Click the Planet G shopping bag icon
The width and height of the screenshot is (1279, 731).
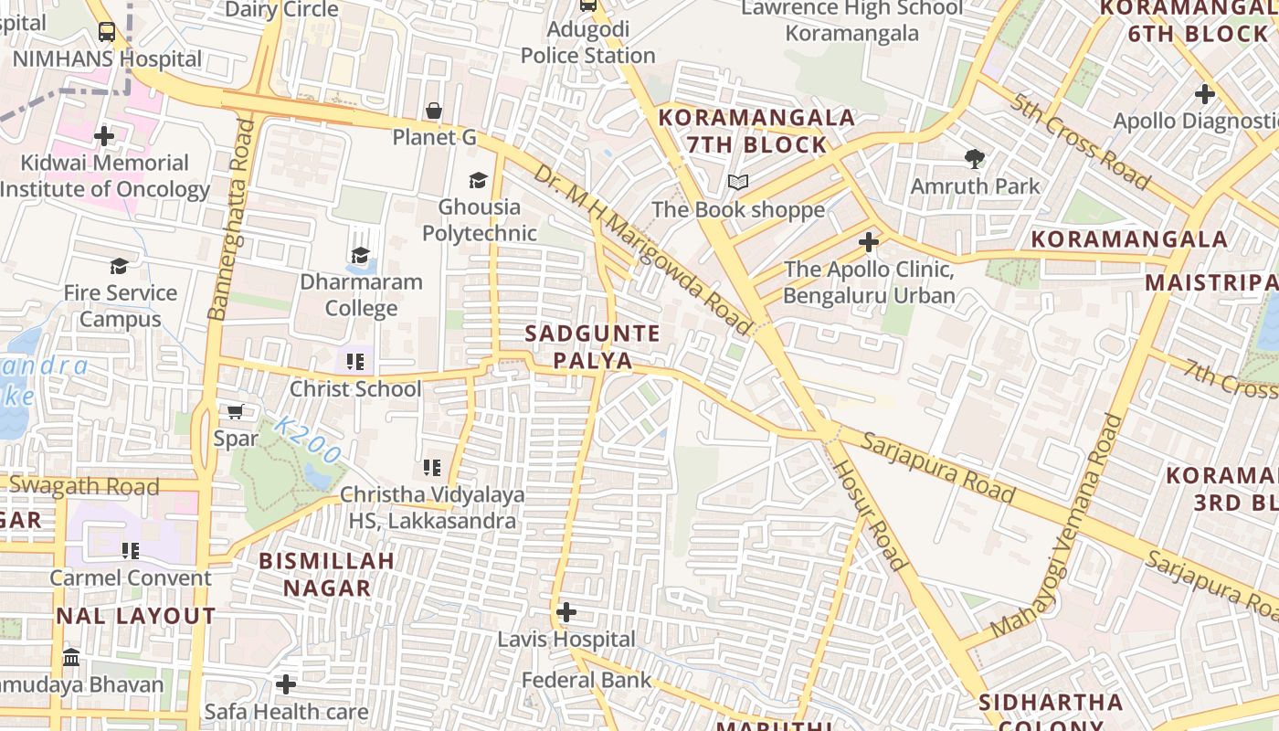tap(434, 111)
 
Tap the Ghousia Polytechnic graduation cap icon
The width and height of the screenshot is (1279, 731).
tap(478, 180)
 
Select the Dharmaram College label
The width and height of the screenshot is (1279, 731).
tap(361, 294)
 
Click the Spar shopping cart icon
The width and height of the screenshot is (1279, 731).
tap(235, 412)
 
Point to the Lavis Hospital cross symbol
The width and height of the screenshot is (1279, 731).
tap(566, 611)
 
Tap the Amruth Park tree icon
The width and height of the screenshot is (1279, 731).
tap(975, 159)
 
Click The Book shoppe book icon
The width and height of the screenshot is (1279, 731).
tap(737, 183)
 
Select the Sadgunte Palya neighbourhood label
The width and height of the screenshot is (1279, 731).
tap(592, 346)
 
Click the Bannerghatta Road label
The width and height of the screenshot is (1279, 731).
tap(230, 219)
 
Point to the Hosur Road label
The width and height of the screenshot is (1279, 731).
tap(870, 514)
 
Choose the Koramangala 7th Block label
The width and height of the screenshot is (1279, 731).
tap(756, 131)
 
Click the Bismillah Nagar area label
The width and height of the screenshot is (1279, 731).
tap(327, 574)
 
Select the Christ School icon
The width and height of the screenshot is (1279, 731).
tap(355, 362)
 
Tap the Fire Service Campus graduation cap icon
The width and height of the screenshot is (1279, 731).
tap(119, 266)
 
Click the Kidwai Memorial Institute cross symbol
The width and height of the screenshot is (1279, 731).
tap(104, 136)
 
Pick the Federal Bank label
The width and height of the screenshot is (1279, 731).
tap(587, 680)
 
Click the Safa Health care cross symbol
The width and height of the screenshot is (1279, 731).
tap(286, 683)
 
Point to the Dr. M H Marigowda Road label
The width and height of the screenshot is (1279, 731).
tap(642, 249)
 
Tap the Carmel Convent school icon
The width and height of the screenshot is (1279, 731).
tap(131, 551)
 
